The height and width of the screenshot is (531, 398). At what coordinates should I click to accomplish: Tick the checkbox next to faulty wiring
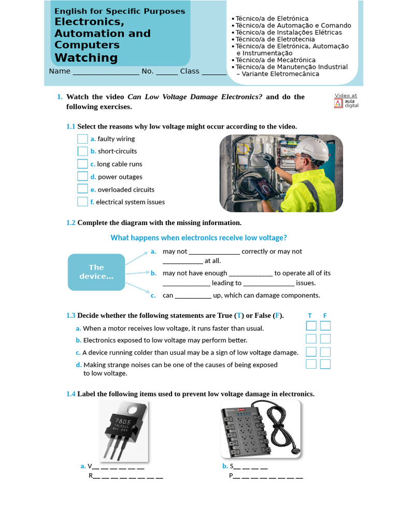[x=82, y=138]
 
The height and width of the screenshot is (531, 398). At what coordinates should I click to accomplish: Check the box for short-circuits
[x=82, y=151]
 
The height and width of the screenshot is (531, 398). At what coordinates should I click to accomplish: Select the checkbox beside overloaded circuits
[x=82, y=189]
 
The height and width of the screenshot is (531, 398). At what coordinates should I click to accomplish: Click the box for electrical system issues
[x=82, y=202]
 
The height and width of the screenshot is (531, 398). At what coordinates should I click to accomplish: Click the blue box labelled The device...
[x=96, y=272]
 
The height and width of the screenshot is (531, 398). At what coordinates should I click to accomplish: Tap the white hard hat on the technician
[x=314, y=149]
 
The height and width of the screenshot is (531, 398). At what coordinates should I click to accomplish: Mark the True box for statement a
[x=311, y=326]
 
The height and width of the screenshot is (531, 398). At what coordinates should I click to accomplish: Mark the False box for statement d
[x=325, y=364]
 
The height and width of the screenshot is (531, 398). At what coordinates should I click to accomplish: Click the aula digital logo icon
[x=338, y=103]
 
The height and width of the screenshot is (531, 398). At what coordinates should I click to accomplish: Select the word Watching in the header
[x=86, y=58]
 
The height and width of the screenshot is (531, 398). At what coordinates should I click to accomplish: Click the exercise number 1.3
[x=70, y=315]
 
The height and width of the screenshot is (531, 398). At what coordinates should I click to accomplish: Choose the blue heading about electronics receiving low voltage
[x=198, y=237]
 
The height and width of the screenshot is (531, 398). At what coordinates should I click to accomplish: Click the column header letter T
[x=310, y=315]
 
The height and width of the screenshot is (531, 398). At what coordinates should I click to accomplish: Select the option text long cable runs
[x=119, y=164]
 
